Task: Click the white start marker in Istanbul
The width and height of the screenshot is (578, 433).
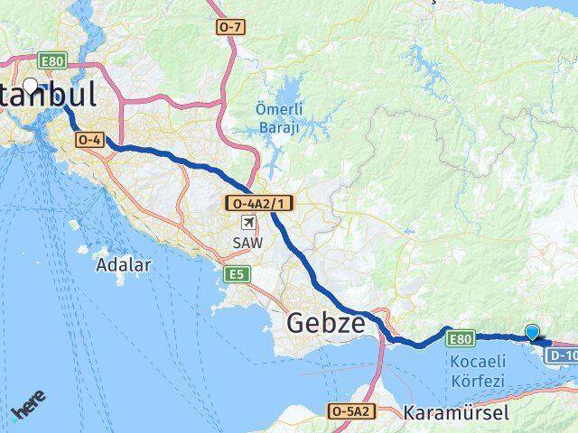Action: point(32,87)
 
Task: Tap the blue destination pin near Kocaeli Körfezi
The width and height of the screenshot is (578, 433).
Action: point(533,332)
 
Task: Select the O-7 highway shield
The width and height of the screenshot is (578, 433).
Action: point(230,28)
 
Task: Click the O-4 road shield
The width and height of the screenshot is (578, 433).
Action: point(89,140)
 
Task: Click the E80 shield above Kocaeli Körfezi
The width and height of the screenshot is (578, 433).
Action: point(460,338)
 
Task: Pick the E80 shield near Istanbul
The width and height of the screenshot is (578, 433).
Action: point(51,61)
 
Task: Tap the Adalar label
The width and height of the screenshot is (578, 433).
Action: point(124,265)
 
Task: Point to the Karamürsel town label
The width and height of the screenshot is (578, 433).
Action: point(457,413)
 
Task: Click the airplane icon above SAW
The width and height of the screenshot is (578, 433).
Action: point(247,223)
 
